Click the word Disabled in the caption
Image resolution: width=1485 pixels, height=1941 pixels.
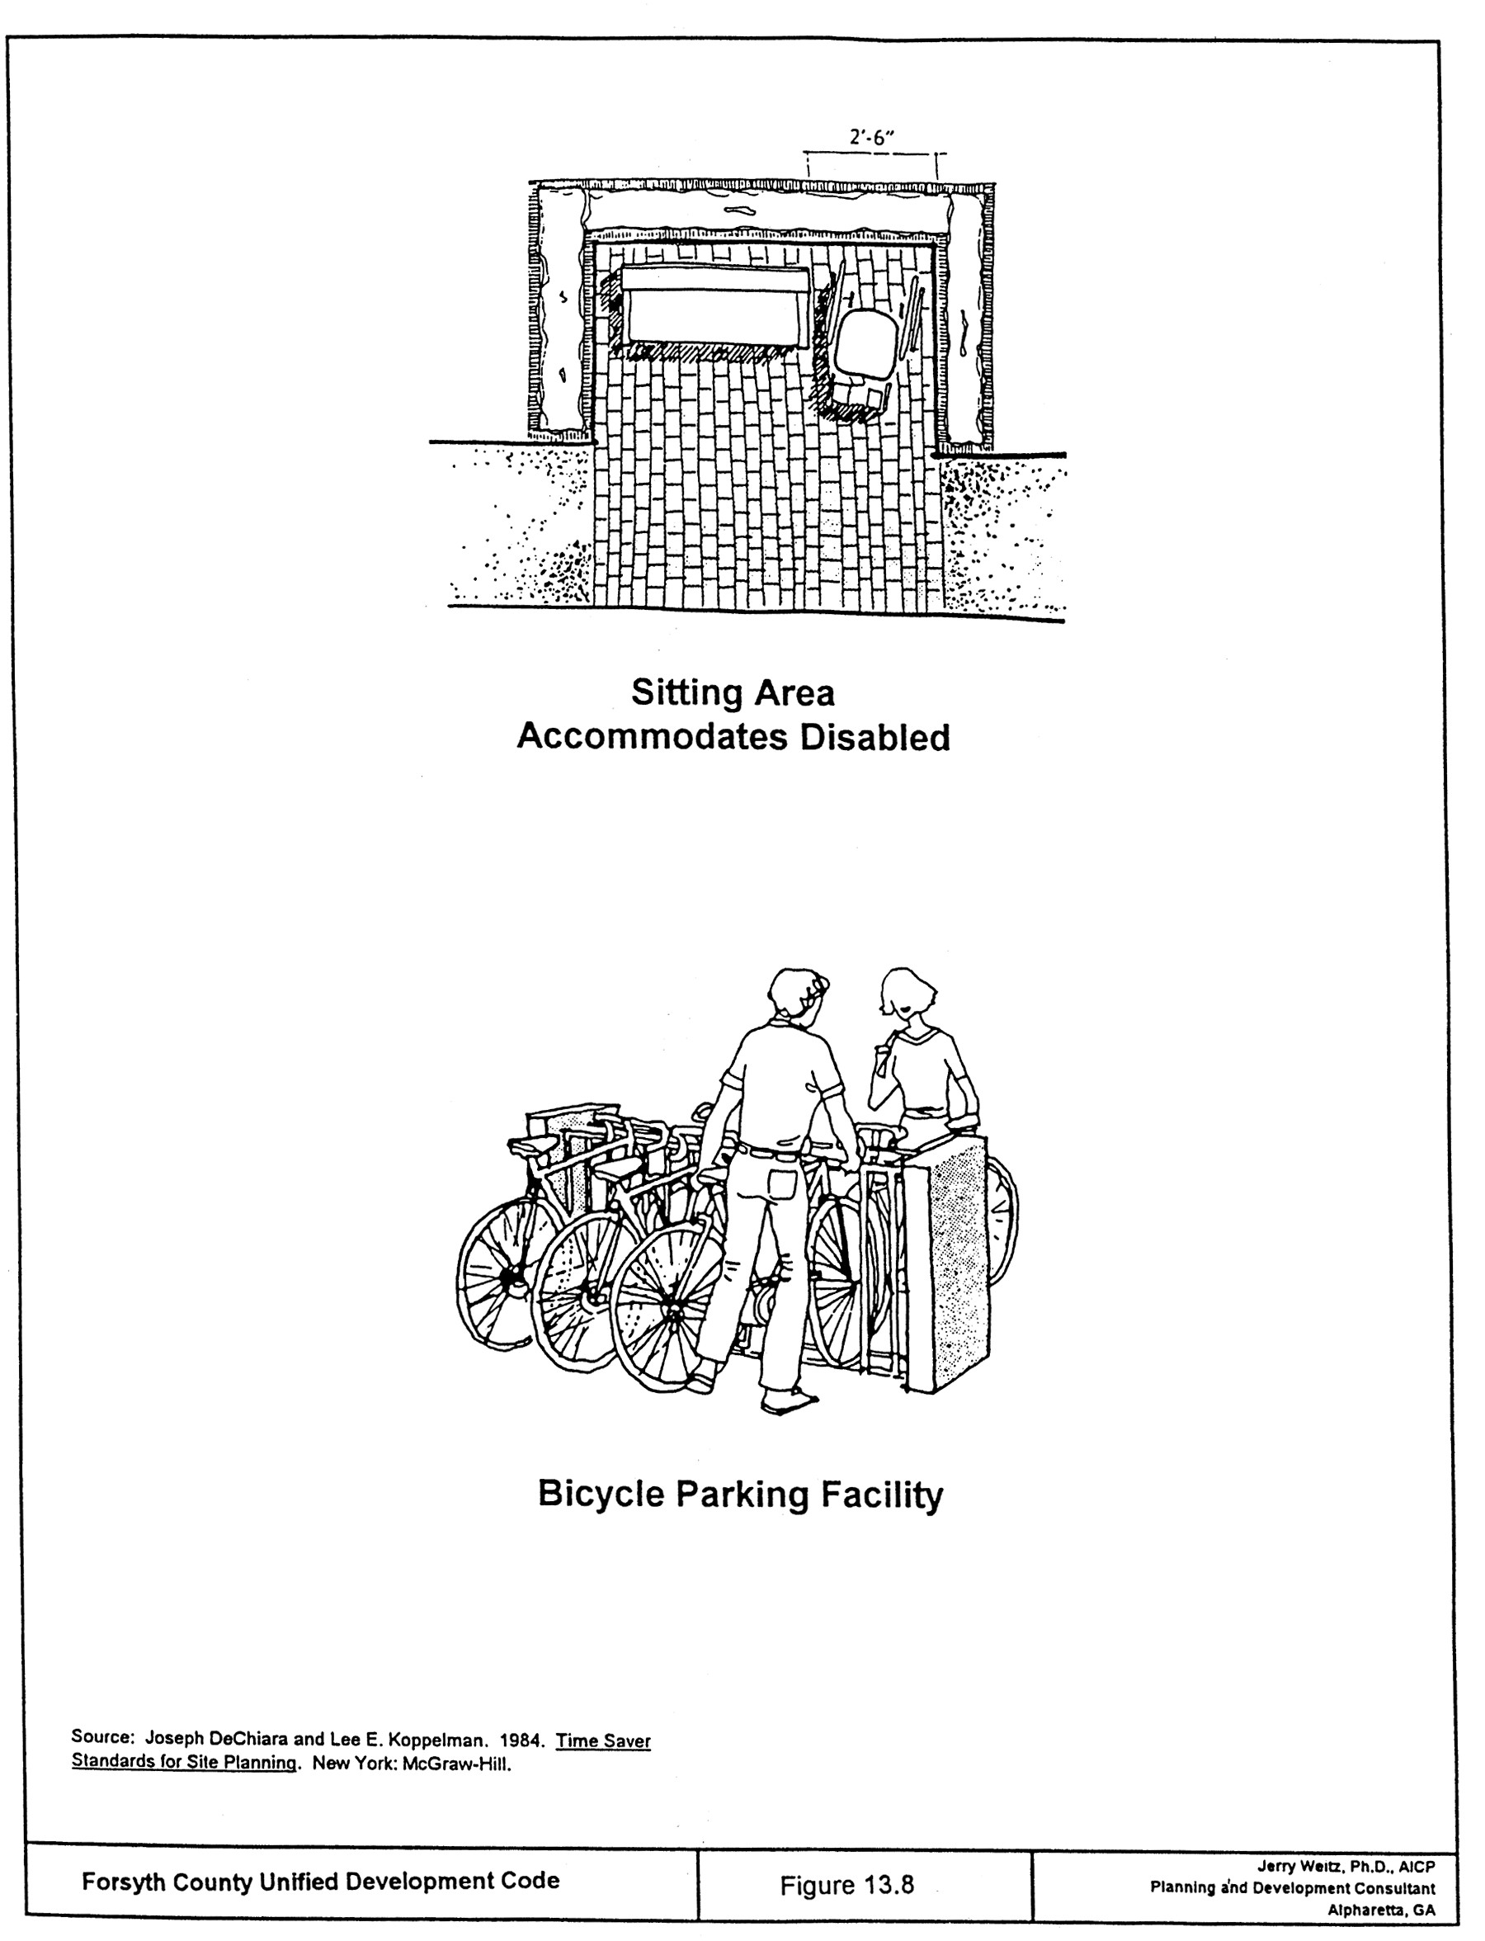point(874,738)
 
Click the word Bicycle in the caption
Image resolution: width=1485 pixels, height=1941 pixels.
point(601,1495)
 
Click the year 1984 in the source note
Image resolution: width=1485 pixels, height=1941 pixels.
point(521,1740)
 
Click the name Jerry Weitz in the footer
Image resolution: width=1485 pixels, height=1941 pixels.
point(1299,1866)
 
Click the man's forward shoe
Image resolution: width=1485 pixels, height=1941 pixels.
point(790,1400)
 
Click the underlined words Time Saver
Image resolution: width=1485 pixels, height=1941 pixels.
point(603,1740)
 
